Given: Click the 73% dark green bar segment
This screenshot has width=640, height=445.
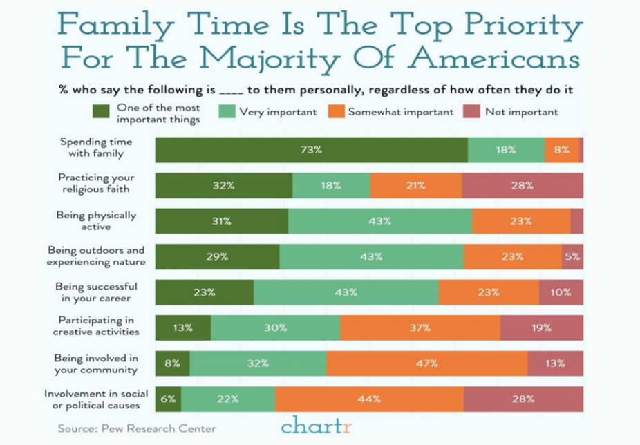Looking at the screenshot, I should click(x=311, y=150).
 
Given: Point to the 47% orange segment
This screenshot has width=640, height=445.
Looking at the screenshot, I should click(x=426, y=363).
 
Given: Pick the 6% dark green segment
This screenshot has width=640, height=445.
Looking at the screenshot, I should click(x=169, y=399).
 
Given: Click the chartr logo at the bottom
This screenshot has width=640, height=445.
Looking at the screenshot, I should click(x=316, y=424).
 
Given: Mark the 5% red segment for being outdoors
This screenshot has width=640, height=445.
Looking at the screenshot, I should click(x=572, y=256).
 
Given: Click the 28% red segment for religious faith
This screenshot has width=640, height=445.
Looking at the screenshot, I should click(x=523, y=185).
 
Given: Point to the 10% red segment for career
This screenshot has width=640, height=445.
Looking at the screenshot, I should click(x=561, y=292).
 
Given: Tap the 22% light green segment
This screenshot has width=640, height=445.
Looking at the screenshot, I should click(x=228, y=399).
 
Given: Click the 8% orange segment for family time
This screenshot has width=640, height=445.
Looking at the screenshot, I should click(x=562, y=150).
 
